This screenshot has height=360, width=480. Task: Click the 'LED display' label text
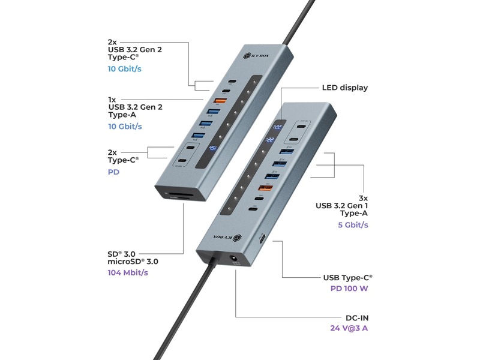pos(345,88)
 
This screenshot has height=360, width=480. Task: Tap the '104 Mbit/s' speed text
pos(128,272)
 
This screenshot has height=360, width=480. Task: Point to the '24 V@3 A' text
pos(349,328)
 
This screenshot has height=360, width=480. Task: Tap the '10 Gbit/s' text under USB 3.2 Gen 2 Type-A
pos(125,127)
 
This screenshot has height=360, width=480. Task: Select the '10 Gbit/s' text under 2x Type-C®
pos(125,69)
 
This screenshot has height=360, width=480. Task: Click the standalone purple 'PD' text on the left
pos(114,172)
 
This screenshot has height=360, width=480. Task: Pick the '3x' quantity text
pos(362,197)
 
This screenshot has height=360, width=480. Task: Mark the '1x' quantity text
pos(112,99)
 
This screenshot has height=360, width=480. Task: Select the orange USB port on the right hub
pos(262,190)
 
